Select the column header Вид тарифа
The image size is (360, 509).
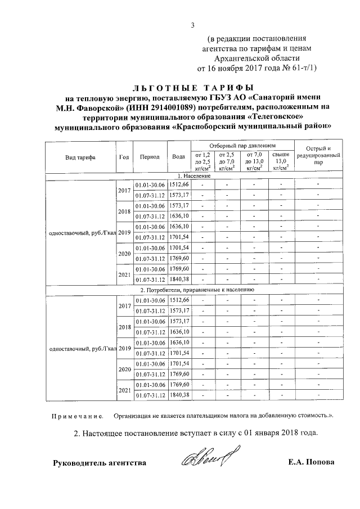80,157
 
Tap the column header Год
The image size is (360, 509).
124,157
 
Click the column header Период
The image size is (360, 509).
150,157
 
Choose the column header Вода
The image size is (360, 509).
179,157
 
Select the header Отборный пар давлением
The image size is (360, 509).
242,145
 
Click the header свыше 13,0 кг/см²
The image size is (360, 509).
281,160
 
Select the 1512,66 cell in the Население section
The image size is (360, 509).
179,184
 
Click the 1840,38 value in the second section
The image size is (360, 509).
179,395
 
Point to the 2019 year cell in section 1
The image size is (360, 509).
124,232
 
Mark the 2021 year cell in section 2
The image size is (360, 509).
124,390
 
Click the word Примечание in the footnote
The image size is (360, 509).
77,416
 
